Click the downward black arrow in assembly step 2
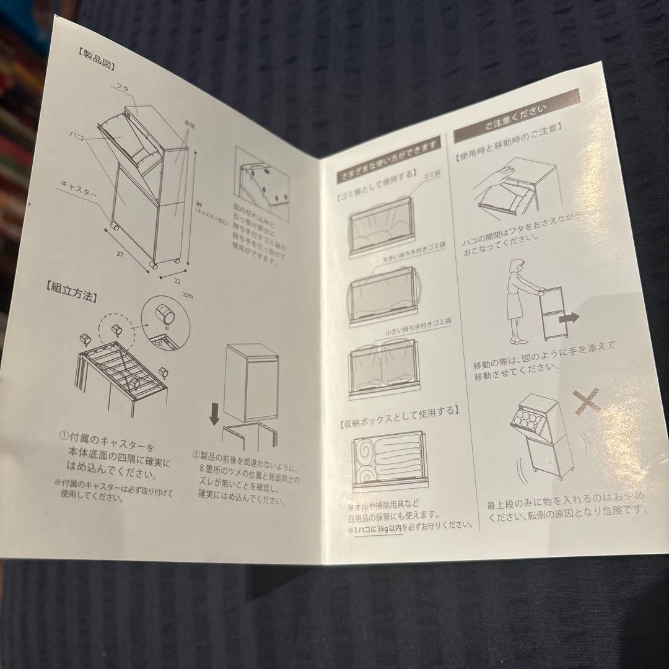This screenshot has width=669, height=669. click(x=215, y=413)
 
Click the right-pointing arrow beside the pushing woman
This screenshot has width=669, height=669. click(x=568, y=318)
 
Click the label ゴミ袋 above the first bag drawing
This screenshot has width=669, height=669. click(x=430, y=178)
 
